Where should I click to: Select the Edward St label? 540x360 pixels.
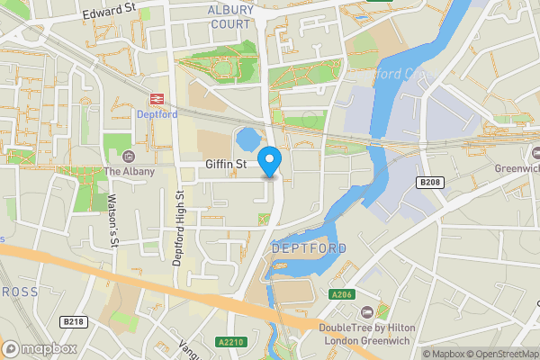[x=108, y=13]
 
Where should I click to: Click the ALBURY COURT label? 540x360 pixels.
[x=231, y=16]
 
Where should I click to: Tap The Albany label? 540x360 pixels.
[x=130, y=172]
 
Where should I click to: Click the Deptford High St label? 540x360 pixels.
[x=180, y=228]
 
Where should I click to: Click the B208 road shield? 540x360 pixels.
[x=430, y=183]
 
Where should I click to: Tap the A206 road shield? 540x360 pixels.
[x=341, y=294]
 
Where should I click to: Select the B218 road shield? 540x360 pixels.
[x=74, y=321]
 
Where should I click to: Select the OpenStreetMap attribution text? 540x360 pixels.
[x=501, y=354]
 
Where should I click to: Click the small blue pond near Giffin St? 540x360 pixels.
[x=246, y=139]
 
